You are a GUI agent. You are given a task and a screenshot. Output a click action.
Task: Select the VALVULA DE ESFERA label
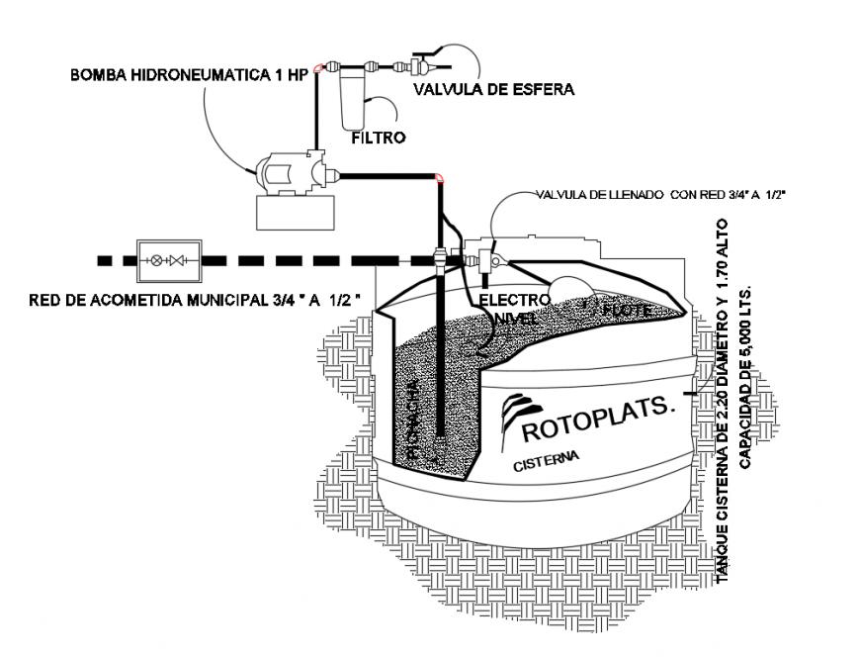493,89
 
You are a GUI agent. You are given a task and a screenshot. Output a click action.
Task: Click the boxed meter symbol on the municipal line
170,261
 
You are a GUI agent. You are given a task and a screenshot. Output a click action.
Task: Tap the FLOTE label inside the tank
627,310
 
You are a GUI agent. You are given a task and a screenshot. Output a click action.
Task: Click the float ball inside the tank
571,284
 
